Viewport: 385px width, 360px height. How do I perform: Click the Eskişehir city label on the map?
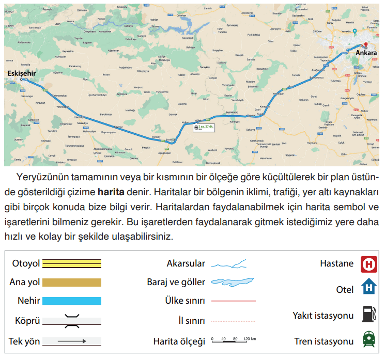click(22, 73)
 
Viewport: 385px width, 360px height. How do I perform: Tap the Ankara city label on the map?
click(366, 53)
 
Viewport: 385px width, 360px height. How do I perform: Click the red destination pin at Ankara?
click(365, 45)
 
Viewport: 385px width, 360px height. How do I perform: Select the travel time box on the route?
click(203, 127)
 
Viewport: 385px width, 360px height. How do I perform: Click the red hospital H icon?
click(369, 264)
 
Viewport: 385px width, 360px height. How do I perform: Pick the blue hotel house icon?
click(369, 287)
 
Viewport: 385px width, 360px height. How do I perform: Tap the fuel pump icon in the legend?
click(368, 314)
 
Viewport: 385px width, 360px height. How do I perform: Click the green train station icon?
click(369, 340)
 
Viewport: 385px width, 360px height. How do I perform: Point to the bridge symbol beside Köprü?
click(72, 321)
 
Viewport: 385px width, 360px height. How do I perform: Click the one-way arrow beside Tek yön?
click(72, 341)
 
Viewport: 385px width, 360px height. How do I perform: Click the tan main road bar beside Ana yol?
click(72, 282)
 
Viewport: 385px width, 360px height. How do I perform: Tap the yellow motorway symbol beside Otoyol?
click(72, 263)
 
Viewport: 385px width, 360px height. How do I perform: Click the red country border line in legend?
click(234, 301)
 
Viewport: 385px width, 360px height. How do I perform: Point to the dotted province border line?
click(234, 321)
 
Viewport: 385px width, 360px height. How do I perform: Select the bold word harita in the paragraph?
click(111, 193)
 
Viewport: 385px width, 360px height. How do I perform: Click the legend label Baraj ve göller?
click(176, 283)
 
